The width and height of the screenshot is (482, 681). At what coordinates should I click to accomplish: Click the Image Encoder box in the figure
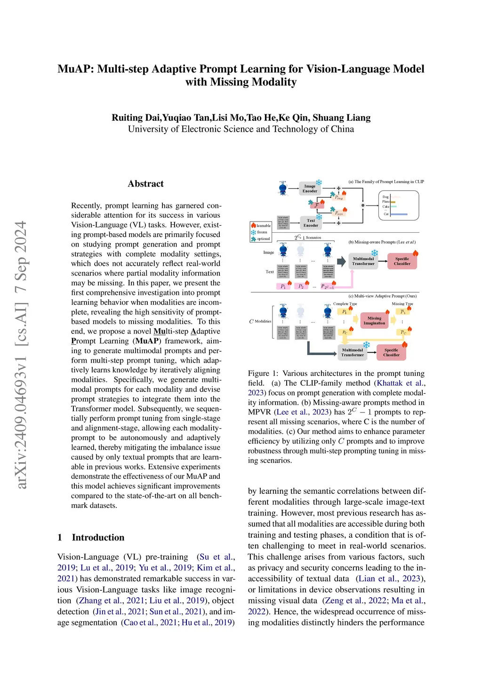310,189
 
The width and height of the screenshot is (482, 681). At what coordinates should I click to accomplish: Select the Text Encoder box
311,223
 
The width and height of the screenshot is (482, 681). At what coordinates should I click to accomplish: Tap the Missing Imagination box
374,321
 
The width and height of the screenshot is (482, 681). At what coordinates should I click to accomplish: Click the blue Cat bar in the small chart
398,214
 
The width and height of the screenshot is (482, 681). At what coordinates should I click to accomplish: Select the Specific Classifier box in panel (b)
402,261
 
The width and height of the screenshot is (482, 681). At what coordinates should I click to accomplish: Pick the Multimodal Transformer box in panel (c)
353,352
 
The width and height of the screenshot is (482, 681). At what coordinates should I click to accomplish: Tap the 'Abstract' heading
146,184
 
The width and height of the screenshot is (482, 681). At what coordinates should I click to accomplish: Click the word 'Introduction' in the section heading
98,538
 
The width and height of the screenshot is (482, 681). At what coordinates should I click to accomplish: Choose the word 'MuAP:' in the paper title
76,69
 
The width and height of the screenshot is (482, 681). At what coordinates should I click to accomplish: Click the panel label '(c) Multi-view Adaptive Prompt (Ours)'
382,296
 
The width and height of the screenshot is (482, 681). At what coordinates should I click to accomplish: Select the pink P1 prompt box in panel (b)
282,286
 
